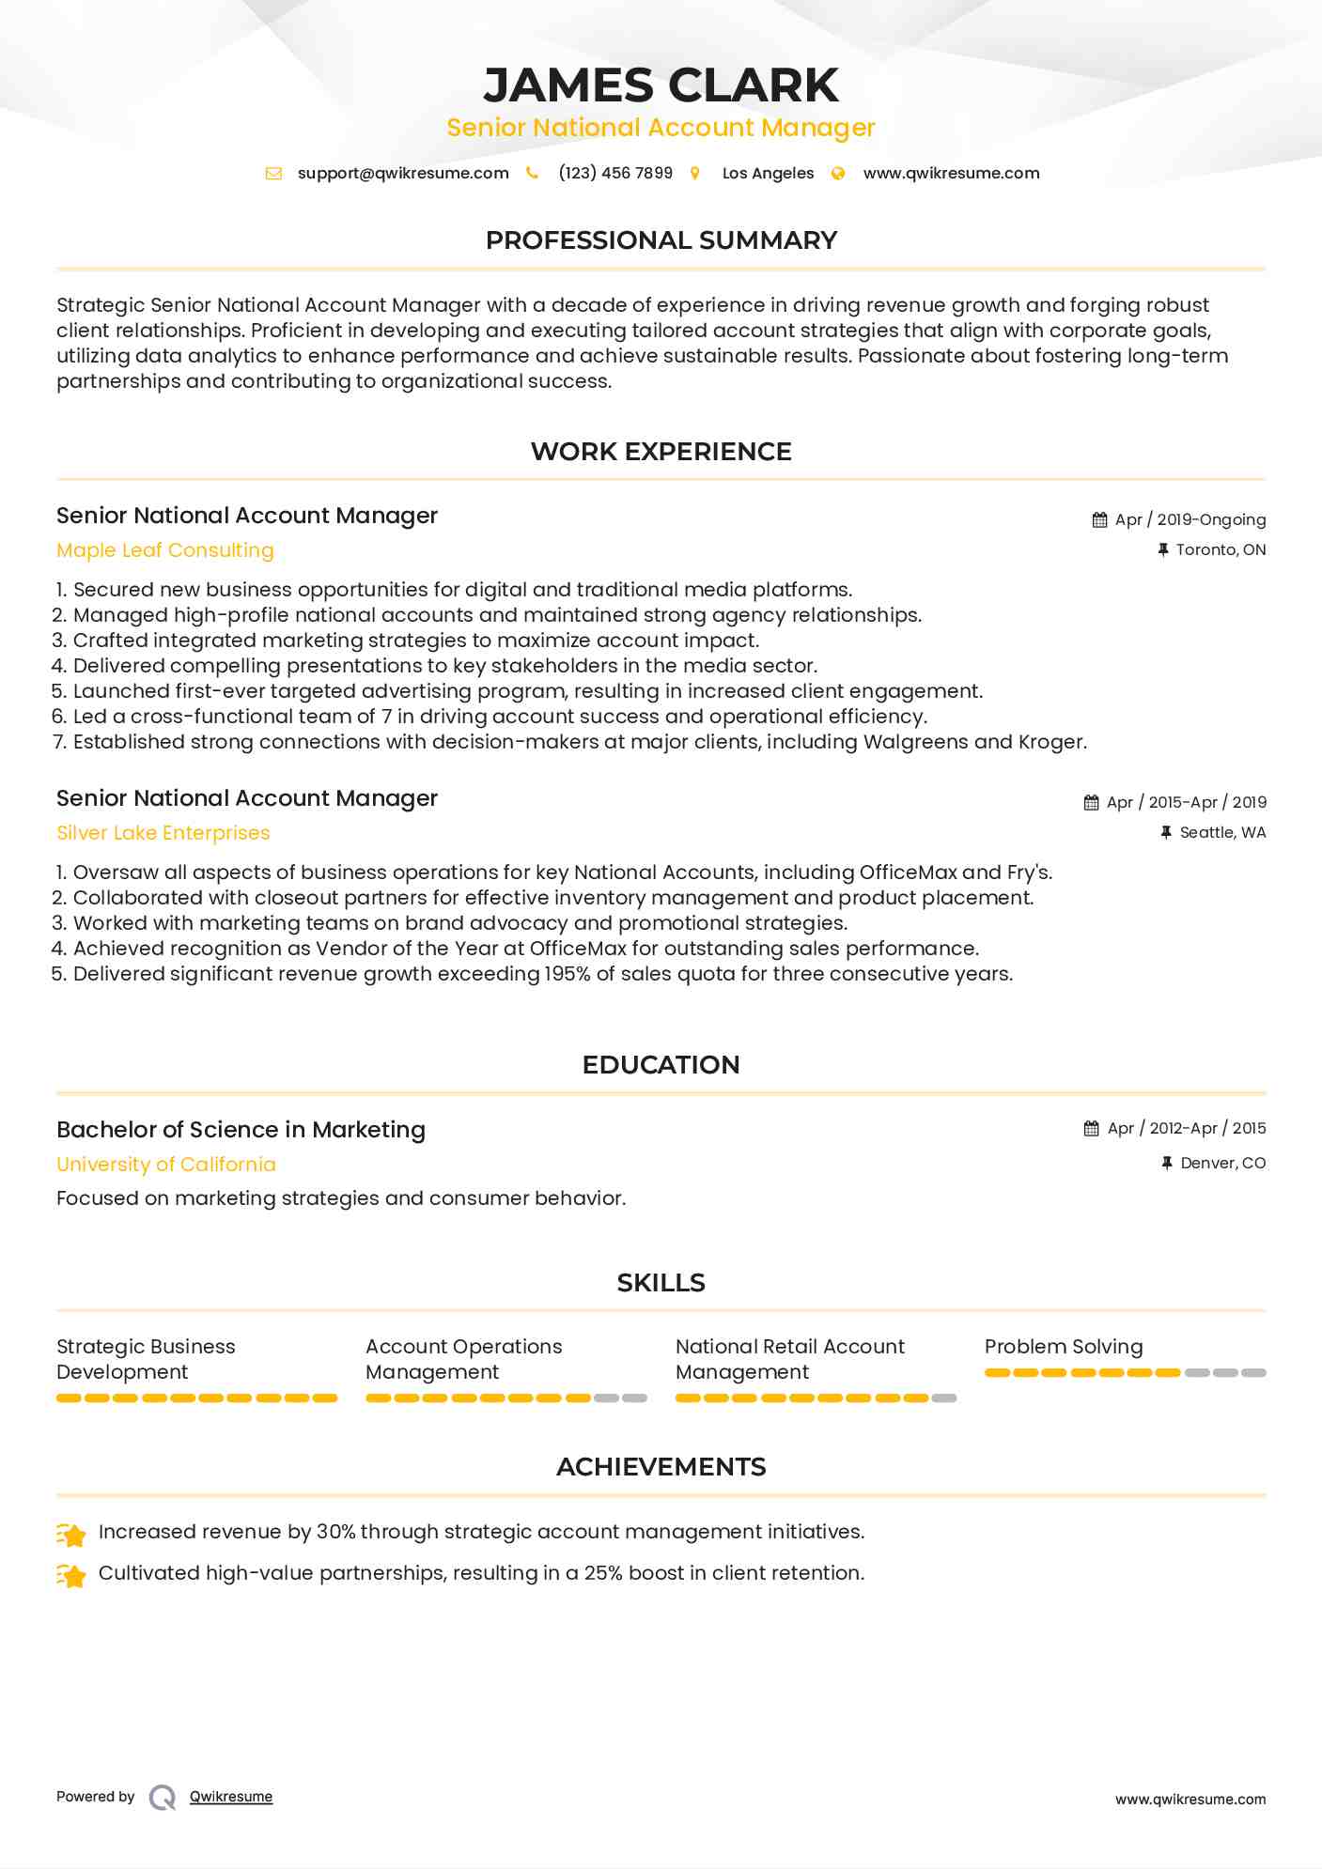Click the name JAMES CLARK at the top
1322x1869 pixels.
click(x=661, y=85)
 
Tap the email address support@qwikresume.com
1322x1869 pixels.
click(x=403, y=173)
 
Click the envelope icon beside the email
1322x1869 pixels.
click(x=273, y=173)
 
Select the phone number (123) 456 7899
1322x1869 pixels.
click(x=615, y=173)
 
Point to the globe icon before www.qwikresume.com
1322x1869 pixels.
click(x=838, y=173)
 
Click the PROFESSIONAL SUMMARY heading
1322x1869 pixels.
click(x=661, y=240)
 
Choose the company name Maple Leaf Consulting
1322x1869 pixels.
click(x=165, y=550)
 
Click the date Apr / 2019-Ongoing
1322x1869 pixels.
click(x=1190, y=519)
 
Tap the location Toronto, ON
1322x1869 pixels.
click(x=1221, y=549)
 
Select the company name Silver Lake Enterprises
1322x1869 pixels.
click(x=163, y=833)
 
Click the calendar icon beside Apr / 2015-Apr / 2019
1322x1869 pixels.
click(x=1091, y=802)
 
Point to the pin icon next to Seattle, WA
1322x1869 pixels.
click(x=1166, y=832)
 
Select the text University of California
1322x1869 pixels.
click(x=166, y=1165)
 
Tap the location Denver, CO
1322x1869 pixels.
click(x=1222, y=1163)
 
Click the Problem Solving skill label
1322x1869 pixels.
click(x=1064, y=1347)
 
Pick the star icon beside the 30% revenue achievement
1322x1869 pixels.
click(x=72, y=1534)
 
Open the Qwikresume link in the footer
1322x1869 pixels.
click(x=231, y=1797)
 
